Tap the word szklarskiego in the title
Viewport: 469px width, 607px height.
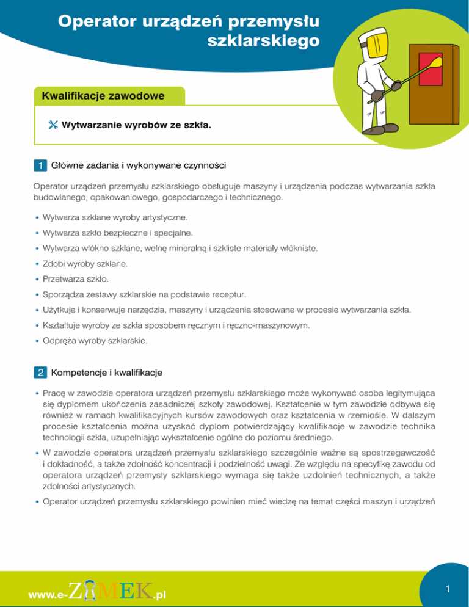click(x=264, y=42)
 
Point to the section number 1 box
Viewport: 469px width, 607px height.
click(x=40, y=164)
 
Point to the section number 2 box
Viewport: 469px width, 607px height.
click(x=40, y=371)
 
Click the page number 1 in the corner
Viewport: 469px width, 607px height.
click(x=448, y=589)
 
